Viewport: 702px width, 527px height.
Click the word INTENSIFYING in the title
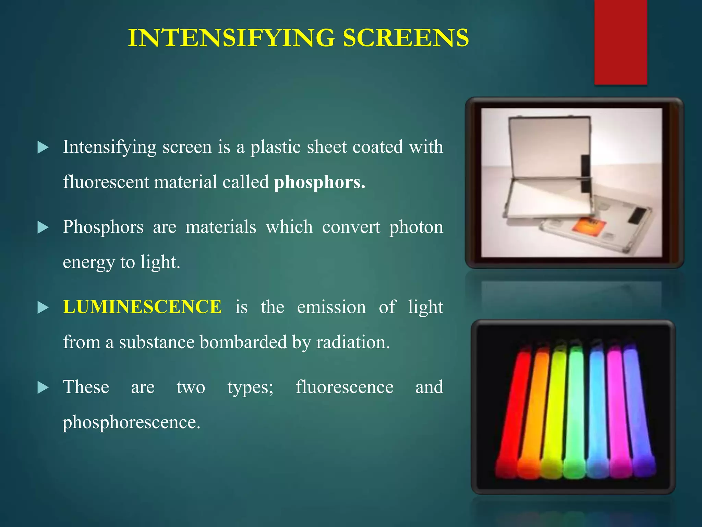pos(231,38)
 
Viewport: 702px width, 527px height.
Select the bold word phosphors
pos(319,183)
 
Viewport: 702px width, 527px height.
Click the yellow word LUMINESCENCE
pos(142,307)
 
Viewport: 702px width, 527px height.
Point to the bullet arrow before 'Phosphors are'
pos(43,227)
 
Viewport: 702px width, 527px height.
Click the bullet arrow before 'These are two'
pos(43,388)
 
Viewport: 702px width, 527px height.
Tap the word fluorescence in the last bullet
pos(344,387)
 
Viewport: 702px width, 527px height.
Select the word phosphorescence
pos(131,422)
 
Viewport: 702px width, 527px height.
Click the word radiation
pos(353,342)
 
